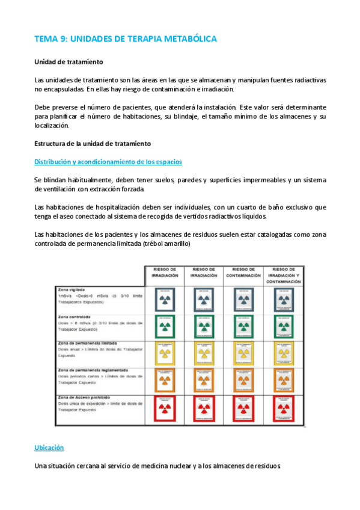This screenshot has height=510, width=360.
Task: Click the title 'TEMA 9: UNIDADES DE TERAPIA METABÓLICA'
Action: (x=126, y=38)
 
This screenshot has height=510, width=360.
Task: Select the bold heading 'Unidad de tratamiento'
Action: (x=69, y=62)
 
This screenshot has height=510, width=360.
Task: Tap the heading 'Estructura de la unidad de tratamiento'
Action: (x=93, y=143)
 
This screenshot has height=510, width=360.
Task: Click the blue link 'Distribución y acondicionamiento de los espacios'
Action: (x=108, y=162)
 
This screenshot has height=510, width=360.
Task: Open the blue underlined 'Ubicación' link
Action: (x=49, y=448)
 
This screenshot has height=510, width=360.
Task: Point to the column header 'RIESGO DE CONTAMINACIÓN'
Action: (x=242, y=272)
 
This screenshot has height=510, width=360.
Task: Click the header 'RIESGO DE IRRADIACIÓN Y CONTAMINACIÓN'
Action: (x=283, y=274)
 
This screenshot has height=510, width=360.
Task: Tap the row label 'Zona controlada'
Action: (x=71, y=316)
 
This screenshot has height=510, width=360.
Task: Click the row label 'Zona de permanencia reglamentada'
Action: (x=88, y=370)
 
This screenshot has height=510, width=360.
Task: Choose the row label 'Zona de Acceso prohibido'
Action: (x=80, y=398)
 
